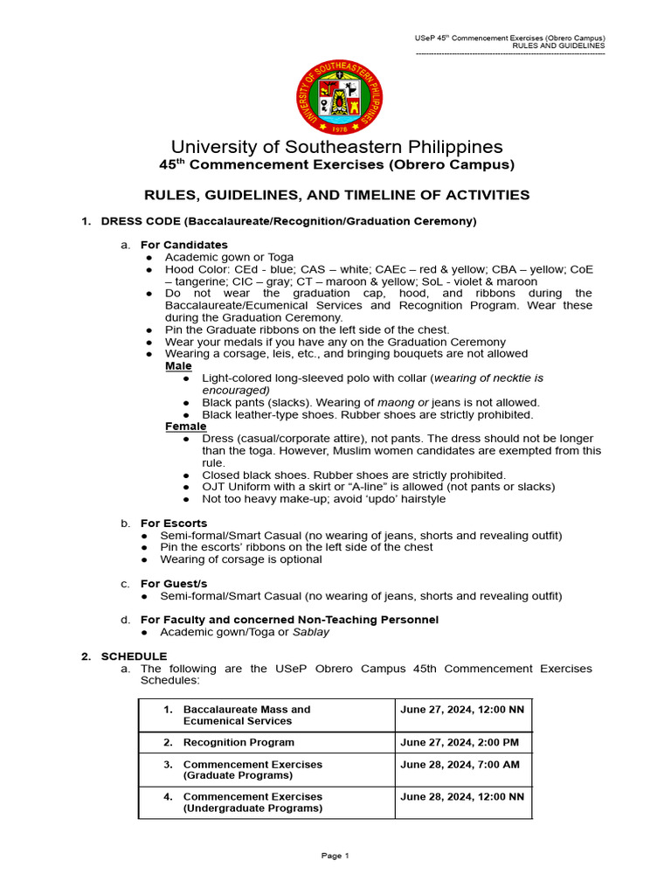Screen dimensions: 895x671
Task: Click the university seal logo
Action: pyautogui.click(x=340, y=99)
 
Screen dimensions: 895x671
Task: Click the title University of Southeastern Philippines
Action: pyautogui.click(x=336, y=147)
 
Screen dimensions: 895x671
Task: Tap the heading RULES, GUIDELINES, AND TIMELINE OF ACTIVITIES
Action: pyautogui.click(x=336, y=195)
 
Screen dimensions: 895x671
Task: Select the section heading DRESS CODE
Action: pyautogui.click(x=288, y=221)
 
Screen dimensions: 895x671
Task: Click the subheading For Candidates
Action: pyautogui.click(x=183, y=245)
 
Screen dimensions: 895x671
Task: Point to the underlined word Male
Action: pyautogui.click(x=178, y=365)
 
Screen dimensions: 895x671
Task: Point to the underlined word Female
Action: pyautogui.click(x=185, y=426)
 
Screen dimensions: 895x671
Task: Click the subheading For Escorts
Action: pyautogui.click(x=174, y=523)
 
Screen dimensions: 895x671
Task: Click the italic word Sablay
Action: pyautogui.click(x=311, y=631)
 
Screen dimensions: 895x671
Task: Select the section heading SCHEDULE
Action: pyautogui.click(x=134, y=656)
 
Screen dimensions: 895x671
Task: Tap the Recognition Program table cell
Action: pyautogui.click(x=239, y=742)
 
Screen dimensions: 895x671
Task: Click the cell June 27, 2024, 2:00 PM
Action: pyautogui.click(x=460, y=742)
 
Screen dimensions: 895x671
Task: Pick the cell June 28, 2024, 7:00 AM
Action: pyautogui.click(x=460, y=764)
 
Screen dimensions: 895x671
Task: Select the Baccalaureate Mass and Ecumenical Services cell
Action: pyautogui.click(x=246, y=715)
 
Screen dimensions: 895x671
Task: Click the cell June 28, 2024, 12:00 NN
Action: pyautogui.click(x=462, y=796)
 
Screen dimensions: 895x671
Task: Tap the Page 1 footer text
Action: pyautogui.click(x=335, y=856)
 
